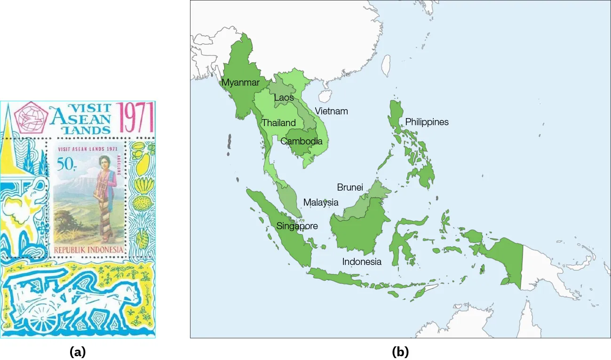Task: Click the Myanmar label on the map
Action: [240, 83]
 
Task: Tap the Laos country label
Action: [284, 98]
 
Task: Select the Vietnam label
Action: [331, 112]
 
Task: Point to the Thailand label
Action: [278, 123]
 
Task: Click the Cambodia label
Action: [301, 141]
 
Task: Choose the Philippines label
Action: [427, 122]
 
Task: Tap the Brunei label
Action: [350, 187]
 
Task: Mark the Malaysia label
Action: [320, 203]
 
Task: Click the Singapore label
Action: [297, 226]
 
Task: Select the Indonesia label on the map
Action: [361, 262]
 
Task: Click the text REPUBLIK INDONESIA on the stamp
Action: [88, 249]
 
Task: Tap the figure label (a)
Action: [78, 351]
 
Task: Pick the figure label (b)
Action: [400, 351]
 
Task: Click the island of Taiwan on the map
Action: [385, 65]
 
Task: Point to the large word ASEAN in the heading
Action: [81, 118]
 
